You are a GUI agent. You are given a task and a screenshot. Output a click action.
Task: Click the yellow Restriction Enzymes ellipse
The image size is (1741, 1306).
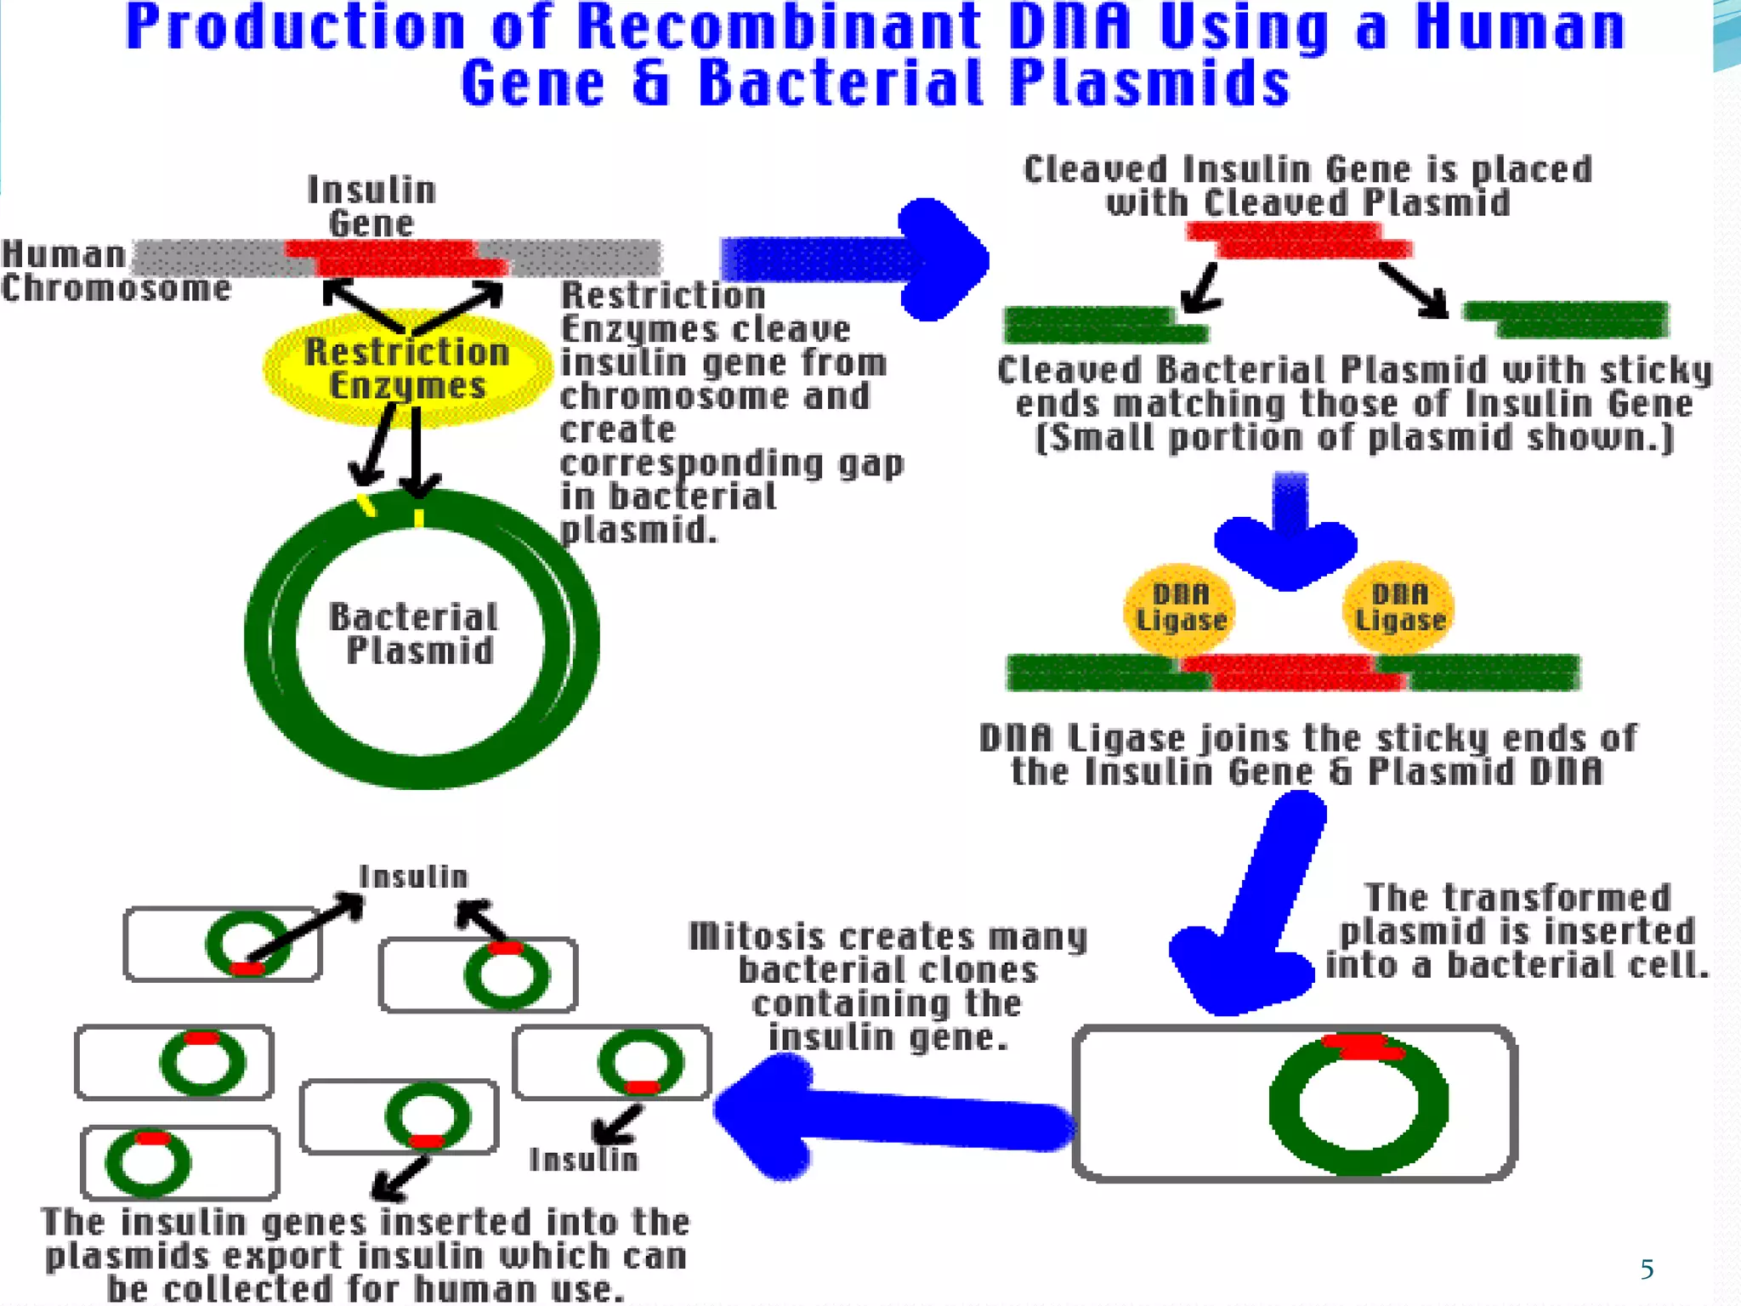coord(407,370)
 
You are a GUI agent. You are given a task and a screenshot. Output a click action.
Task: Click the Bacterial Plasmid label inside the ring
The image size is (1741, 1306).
coord(414,634)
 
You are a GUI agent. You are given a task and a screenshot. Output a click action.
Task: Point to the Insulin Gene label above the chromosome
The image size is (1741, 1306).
coord(371,207)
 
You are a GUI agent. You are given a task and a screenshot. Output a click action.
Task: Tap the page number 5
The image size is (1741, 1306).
coord(1647,1269)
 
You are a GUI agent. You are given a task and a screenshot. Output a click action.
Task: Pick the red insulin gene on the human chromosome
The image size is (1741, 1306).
coord(395,258)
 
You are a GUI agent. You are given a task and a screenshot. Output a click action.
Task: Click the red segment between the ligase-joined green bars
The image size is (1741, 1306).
coord(1292,672)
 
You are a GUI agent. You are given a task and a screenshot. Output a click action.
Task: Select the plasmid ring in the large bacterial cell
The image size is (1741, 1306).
coord(1358,1105)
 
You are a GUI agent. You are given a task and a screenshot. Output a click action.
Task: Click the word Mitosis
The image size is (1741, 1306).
coord(757,937)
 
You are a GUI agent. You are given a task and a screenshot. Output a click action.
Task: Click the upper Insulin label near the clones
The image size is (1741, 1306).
coord(413,877)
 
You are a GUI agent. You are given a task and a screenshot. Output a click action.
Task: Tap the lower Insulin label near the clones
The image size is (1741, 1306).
coord(583,1160)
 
